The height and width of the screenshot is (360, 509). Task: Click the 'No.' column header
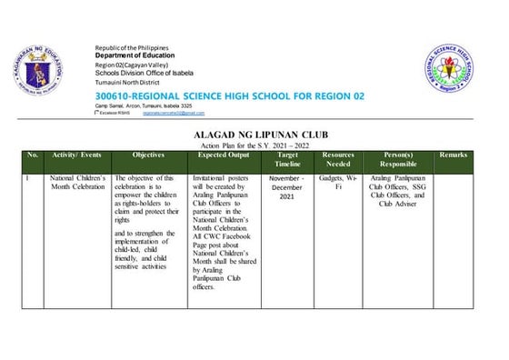click(x=33, y=155)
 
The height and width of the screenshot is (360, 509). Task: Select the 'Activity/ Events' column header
click(x=77, y=155)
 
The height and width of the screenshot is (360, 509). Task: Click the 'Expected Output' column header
click(x=225, y=155)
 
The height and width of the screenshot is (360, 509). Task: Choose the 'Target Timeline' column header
click(x=287, y=161)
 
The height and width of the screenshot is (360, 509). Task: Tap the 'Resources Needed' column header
click(x=338, y=161)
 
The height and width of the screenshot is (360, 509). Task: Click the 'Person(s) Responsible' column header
click(x=399, y=161)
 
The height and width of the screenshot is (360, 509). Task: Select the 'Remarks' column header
click(x=453, y=155)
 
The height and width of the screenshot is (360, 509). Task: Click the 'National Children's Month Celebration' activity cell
click(x=77, y=183)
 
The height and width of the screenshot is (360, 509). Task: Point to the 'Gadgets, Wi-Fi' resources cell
click(x=338, y=183)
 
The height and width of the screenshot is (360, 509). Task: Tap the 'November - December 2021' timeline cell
click(x=287, y=187)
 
